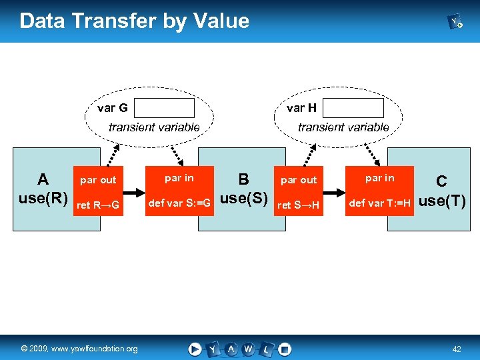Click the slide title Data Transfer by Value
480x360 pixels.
tap(135, 21)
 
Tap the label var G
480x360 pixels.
tap(113, 108)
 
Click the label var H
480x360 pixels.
tap(301, 108)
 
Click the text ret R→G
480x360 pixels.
tap(98, 205)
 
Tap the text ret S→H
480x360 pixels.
tap(299, 205)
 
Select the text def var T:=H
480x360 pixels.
tap(379, 203)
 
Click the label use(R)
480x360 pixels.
tap(43, 199)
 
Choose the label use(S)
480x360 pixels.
tap(243, 199)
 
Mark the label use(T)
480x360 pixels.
tap(441, 201)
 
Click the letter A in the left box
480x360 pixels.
tap(43, 179)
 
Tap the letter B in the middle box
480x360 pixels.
tap(243, 179)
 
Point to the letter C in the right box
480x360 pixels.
tap(441, 181)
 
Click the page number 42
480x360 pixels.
tap(457, 349)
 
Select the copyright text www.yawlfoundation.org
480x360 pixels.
tap(79, 349)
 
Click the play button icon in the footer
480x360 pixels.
tap(195, 349)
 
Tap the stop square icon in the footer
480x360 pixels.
tap(285, 349)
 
